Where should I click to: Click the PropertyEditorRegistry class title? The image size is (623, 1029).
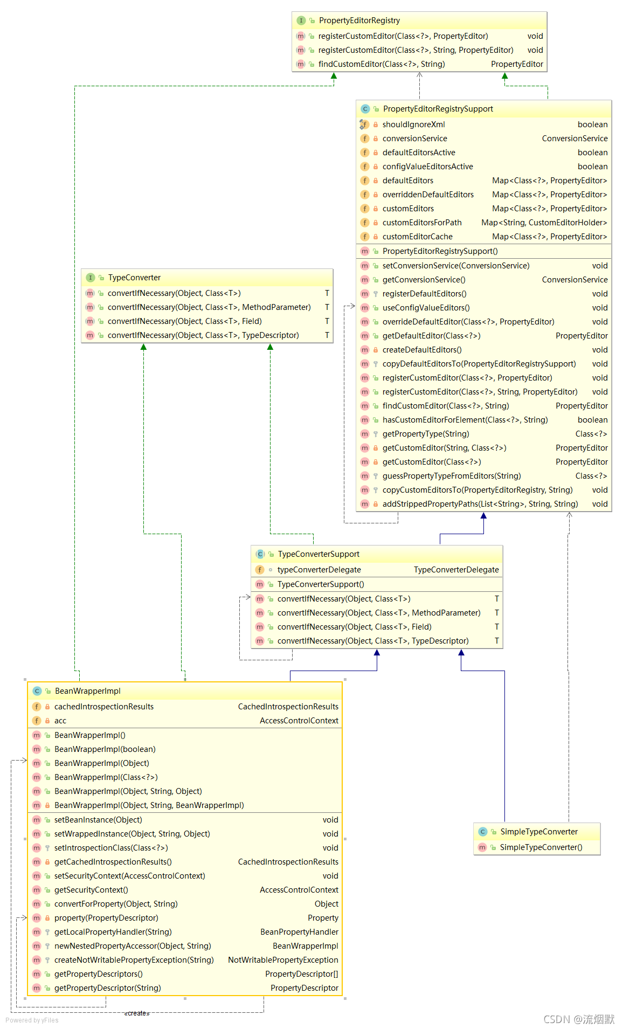[x=359, y=20]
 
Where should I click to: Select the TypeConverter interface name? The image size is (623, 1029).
[x=134, y=278]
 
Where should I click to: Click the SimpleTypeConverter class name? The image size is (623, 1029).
[x=538, y=832]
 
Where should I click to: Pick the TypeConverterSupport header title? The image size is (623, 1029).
[x=318, y=554]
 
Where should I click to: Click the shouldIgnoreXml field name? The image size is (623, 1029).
[x=413, y=125]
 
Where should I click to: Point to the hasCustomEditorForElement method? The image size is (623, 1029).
[x=465, y=420]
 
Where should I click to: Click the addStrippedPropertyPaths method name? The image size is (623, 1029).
[x=480, y=504]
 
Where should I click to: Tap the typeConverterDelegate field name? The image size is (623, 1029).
[x=319, y=570]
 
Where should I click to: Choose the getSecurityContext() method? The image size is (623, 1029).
[x=91, y=890]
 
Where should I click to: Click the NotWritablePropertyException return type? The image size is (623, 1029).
[x=283, y=960]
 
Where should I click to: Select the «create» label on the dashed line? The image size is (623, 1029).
[x=137, y=1013]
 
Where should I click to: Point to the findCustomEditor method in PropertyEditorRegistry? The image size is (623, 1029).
[x=381, y=64]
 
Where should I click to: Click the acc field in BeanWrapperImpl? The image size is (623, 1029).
[x=60, y=721]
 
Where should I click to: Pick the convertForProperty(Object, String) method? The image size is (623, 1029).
[x=116, y=904]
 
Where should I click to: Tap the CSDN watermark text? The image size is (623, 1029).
[x=578, y=1019]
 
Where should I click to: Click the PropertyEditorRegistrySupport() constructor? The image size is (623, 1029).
[x=440, y=251]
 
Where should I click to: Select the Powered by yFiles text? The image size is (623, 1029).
[x=32, y=1020]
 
